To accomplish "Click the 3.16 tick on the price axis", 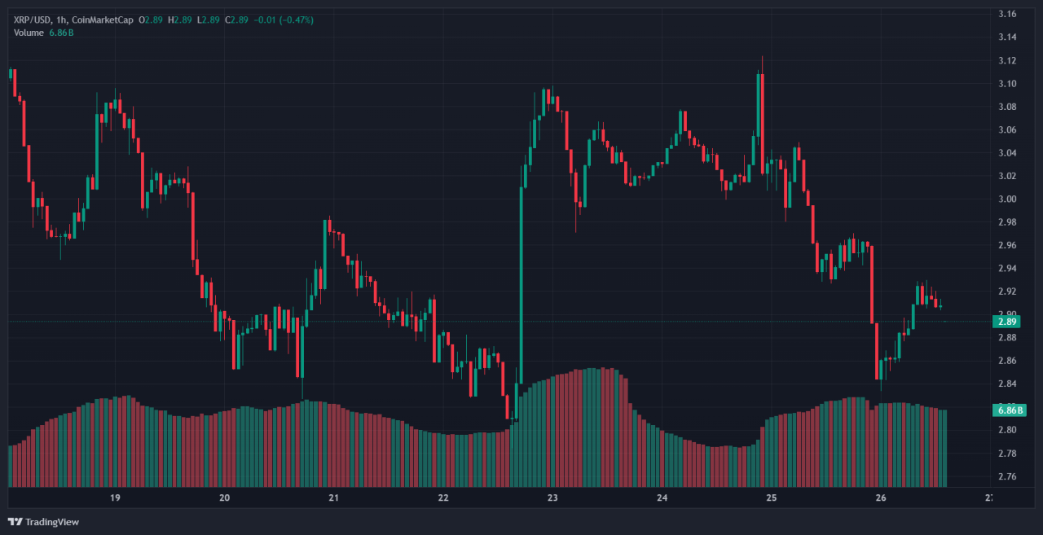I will pyautogui.click(x=1007, y=14).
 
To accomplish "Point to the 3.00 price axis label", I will pyautogui.click(x=1007, y=199).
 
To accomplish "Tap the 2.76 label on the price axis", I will pyautogui.click(x=1007, y=476).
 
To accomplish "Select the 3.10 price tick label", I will pyautogui.click(x=1007, y=83).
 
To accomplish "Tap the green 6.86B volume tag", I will pyautogui.click(x=1006, y=410).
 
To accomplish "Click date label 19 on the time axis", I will pyautogui.click(x=115, y=498).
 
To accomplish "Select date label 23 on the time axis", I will pyautogui.click(x=552, y=498).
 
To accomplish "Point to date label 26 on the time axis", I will pyautogui.click(x=880, y=498).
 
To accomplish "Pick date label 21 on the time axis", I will pyautogui.click(x=333, y=498).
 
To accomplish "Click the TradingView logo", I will pyautogui.click(x=44, y=521).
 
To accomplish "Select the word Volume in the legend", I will pyautogui.click(x=29, y=32).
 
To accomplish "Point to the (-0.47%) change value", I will pyautogui.click(x=297, y=20).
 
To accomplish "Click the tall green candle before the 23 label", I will pyautogui.click(x=520, y=285).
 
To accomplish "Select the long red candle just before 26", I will pyautogui.click(x=872, y=285).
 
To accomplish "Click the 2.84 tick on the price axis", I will pyautogui.click(x=1007, y=384).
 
